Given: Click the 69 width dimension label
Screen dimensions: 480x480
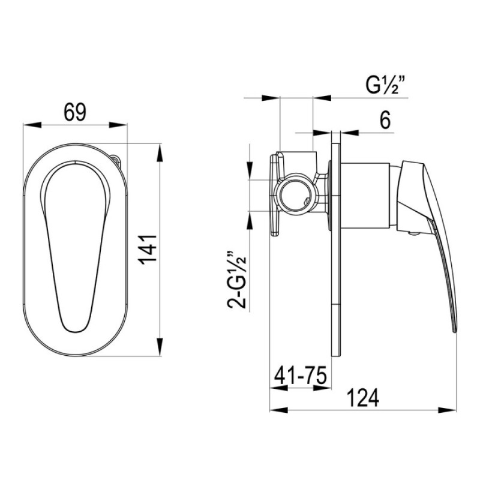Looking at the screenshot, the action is (x=75, y=112).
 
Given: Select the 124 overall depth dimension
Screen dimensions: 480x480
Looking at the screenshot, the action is (x=363, y=398).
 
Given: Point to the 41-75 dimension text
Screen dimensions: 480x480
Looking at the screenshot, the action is (x=301, y=376).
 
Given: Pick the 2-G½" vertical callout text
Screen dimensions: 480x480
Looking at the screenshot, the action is (x=236, y=280).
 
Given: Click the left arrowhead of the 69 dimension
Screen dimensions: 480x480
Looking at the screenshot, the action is (x=32, y=125).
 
